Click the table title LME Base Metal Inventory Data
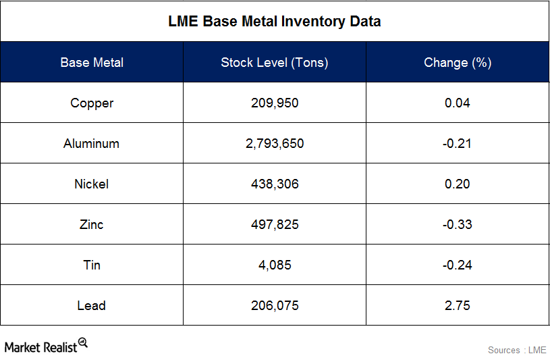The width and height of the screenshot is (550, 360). (274, 22)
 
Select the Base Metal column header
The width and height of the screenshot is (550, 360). (92, 63)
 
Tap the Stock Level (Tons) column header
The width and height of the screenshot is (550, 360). (274, 63)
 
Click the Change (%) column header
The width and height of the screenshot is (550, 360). (457, 63)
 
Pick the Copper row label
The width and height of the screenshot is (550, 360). (92, 103)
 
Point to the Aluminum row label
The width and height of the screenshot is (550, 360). (92, 144)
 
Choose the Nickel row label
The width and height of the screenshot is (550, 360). (92, 184)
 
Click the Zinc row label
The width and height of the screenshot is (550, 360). (92, 225)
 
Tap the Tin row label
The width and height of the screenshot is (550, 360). (92, 265)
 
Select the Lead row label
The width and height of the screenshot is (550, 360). (92, 306)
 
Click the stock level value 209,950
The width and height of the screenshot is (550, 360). (274, 103)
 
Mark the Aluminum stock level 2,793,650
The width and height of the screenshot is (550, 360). (274, 144)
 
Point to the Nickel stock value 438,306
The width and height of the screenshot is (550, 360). (274, 184)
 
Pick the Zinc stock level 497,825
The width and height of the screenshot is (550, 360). (274, 225)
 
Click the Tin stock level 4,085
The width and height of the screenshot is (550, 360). (274, 265)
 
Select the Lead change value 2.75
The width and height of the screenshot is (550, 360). (457, 306)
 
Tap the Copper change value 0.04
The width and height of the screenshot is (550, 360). (457, 103)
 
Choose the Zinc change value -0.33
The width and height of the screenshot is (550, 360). (457, 225)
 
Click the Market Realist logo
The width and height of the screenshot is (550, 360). (46, 346)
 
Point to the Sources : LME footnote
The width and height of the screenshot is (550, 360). (517, 350)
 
